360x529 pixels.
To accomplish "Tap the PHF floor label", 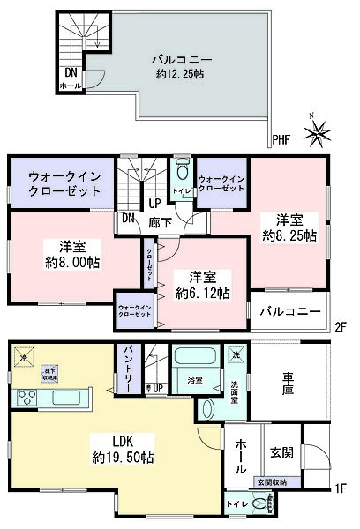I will click(x=281, y=139).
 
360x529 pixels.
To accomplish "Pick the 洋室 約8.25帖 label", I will click(x=286, y=227).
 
